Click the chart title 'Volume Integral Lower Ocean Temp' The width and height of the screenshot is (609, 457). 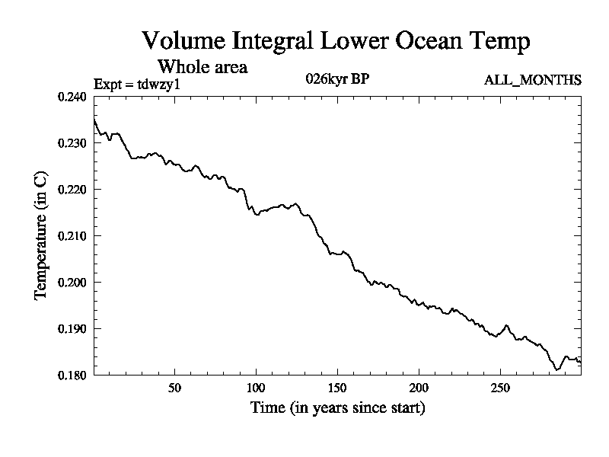click(x=336, y=41)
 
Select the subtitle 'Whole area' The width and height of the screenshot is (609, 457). click(x=202, y=66)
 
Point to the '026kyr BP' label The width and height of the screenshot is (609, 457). click(x=337, y=79)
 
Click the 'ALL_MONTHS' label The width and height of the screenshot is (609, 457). click(x=533, y=80)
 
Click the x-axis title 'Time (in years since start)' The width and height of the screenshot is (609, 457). click(x=337, y=408)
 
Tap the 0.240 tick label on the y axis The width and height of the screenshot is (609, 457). click(x=72, y=97)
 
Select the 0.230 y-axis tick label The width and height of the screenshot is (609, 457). click(x=72, y=143)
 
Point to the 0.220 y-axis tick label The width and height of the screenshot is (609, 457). click(x=72, y=190)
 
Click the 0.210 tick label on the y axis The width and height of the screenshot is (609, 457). click(x=72, y=236)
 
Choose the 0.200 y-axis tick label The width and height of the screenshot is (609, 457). click(x=72, y=283)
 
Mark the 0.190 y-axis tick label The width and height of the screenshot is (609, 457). click(x=72, y=329)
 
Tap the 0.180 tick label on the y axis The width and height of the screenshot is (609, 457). click(x=72, y=375)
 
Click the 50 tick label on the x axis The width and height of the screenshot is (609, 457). click(x=174, y=388)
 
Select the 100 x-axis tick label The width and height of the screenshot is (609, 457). click(x=256, y=388)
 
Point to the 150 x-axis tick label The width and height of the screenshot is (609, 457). click(x=337, y=388)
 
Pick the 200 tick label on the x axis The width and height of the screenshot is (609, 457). click(x=419, y=388)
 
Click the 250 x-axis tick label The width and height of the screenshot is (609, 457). click(x=500, y=388)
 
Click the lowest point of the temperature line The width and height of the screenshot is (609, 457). click(x=557, y=369)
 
